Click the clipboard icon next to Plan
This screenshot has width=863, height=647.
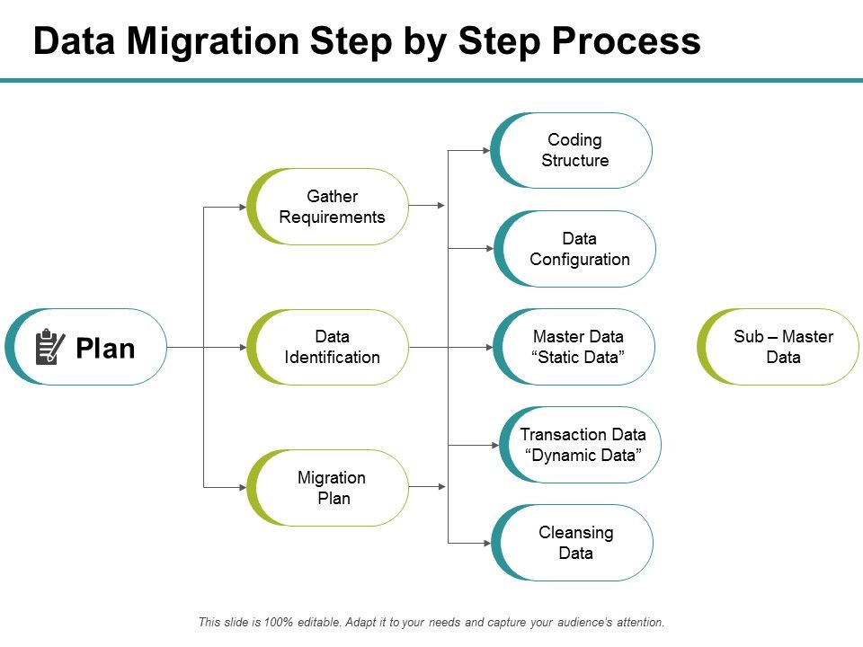point(49,347)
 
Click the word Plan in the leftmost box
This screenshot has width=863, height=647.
point(105,349)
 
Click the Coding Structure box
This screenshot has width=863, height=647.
point(574,150)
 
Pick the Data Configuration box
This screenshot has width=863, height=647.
point(579,249)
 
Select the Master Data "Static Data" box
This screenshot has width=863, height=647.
point(578,347)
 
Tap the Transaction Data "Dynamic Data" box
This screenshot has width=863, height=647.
point(583,445)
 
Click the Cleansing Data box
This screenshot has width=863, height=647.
point(575,543)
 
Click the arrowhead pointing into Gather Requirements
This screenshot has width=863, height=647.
point(242,207)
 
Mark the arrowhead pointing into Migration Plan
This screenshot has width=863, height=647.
point(242,487)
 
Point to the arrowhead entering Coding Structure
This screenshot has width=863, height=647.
point(486,150)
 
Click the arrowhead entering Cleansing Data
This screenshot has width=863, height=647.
point(486,543)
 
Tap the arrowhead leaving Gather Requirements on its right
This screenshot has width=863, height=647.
point(440,206)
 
